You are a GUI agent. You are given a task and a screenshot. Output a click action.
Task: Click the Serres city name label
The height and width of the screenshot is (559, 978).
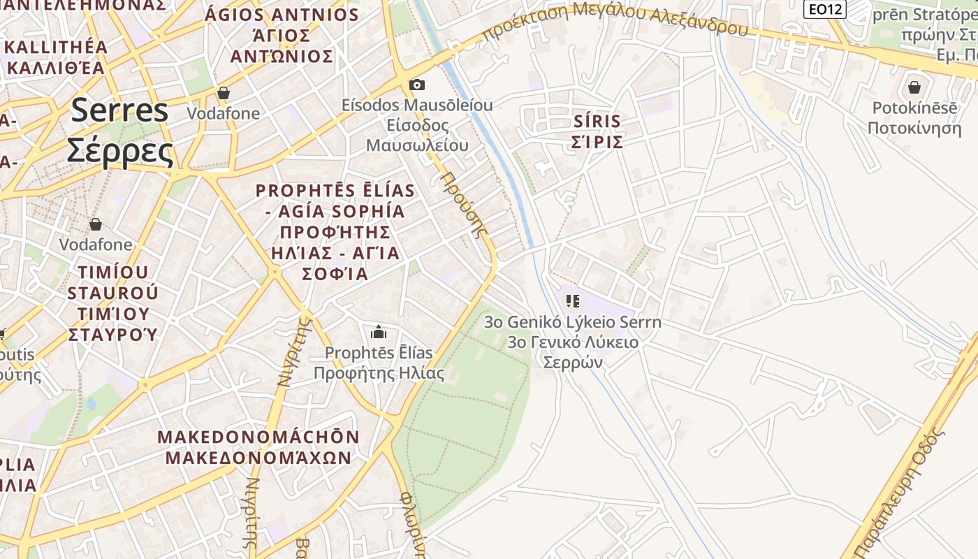pyautogui.click(x=119, y=111)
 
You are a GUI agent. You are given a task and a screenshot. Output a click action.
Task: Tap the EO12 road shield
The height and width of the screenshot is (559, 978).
pyautogui.click(x=824, y=9)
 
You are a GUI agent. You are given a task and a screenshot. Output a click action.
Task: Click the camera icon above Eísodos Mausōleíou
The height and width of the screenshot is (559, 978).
pyautogui.click(x=417, y=85)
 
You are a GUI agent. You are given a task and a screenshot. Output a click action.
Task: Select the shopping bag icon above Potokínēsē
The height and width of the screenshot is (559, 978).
pyautogui.click(x=914, y=87)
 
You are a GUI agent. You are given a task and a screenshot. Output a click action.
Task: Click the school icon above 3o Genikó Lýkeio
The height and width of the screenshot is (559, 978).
pyautogui.click(x=573, y=301)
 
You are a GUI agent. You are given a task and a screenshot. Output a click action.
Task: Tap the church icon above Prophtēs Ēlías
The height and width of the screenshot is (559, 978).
pyautogui.click(x=379, y=331)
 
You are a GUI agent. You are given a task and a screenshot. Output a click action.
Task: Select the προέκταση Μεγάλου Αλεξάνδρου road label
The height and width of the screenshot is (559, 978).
pyautogui.click(x=615, y=19)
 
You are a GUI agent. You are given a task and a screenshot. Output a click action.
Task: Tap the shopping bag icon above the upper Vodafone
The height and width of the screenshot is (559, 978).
pyautogui.click(x=224, y=92)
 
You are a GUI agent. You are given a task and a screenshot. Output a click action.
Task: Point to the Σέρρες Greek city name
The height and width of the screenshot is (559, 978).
pyautogui.click(x=119, y=151)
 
